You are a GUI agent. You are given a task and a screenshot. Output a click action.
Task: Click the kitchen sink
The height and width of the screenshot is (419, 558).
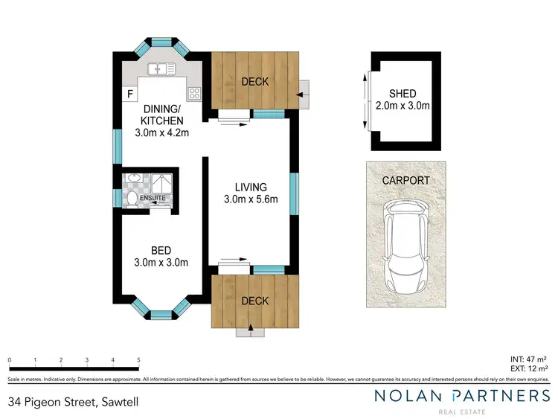click(x=161, y=70)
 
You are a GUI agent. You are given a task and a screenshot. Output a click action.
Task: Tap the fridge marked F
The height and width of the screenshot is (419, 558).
click(x=129, y=94)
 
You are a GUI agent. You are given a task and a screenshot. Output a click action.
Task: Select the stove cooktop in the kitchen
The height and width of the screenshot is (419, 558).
click(x=194, y=94)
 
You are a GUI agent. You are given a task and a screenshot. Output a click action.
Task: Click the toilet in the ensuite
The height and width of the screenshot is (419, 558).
click(x=131, y=198)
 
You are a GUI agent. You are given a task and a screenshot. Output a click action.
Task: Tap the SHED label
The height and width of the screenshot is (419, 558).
click(x=403, y=94)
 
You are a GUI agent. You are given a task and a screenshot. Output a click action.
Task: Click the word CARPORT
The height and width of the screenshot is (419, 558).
click(x=405, y=180)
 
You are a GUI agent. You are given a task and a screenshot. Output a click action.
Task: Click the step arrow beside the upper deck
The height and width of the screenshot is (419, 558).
click(x=302, y=95)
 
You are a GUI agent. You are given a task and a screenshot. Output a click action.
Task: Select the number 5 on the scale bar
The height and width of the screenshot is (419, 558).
click(x=138, y=360)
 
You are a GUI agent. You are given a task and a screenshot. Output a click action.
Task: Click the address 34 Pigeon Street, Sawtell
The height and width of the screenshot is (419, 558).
click(x=73, y=402)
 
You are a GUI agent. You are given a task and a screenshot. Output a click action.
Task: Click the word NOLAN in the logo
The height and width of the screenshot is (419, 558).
click(x=409, y=396)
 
